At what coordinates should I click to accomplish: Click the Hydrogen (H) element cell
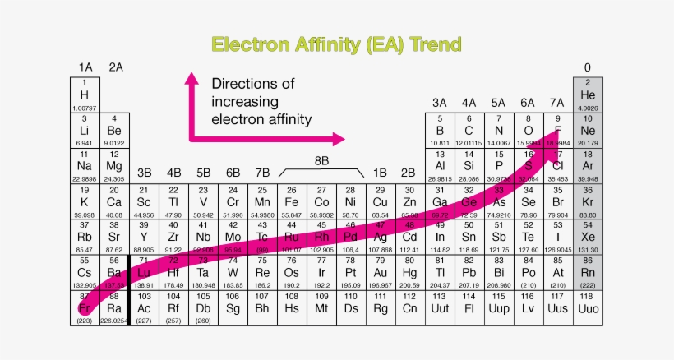pos(85,95)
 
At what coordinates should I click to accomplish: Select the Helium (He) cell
pos(588,95)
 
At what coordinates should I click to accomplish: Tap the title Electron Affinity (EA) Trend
pos(336,44)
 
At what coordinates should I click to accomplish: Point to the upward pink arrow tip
pos(192,77)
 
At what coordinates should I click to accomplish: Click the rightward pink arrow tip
pos(339,140)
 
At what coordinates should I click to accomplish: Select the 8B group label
pos(321,161)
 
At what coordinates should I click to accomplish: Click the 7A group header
pos(557,103)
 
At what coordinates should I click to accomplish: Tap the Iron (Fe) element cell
pos(292,201)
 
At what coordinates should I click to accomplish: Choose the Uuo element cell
pos(588,307)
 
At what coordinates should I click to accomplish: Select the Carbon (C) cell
pos(469,131)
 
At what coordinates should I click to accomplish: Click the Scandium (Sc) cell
pos(144,201)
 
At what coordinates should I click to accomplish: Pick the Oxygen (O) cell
pos(529,131)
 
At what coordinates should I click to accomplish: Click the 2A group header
pos(115,67)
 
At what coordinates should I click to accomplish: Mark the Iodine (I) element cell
pos(558,237)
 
